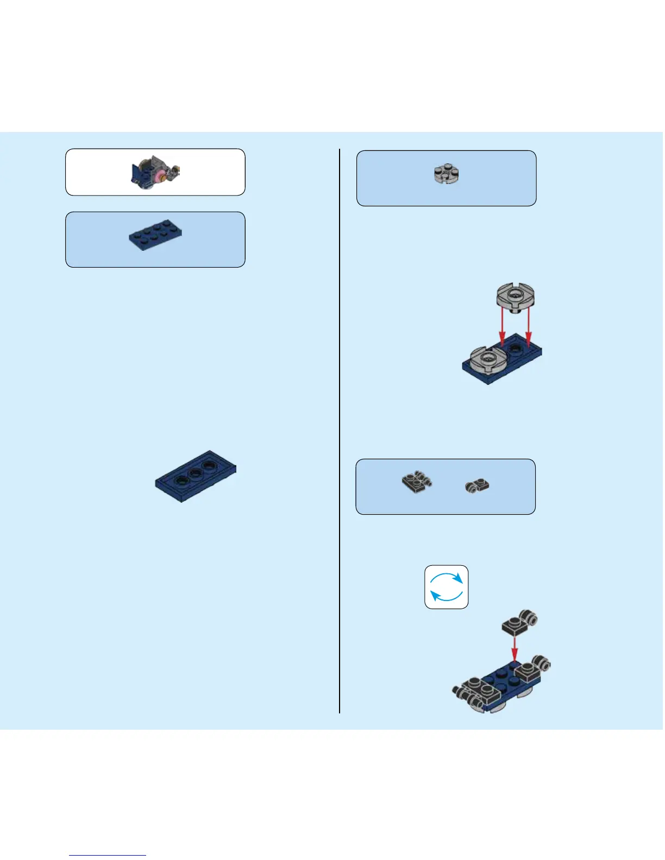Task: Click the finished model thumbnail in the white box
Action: click(155, 172)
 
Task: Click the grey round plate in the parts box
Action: click(446, 174)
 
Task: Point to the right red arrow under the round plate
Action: click(529, 333)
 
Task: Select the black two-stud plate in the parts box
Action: click(416, 482)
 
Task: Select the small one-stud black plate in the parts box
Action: click(478, 485)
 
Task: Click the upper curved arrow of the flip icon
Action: click(449, 577)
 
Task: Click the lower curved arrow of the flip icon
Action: click(444, 597)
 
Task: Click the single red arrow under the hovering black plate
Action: click(515, 649)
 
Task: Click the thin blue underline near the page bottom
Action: click(108, 856)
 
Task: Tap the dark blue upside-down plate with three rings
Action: click(196, 476)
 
